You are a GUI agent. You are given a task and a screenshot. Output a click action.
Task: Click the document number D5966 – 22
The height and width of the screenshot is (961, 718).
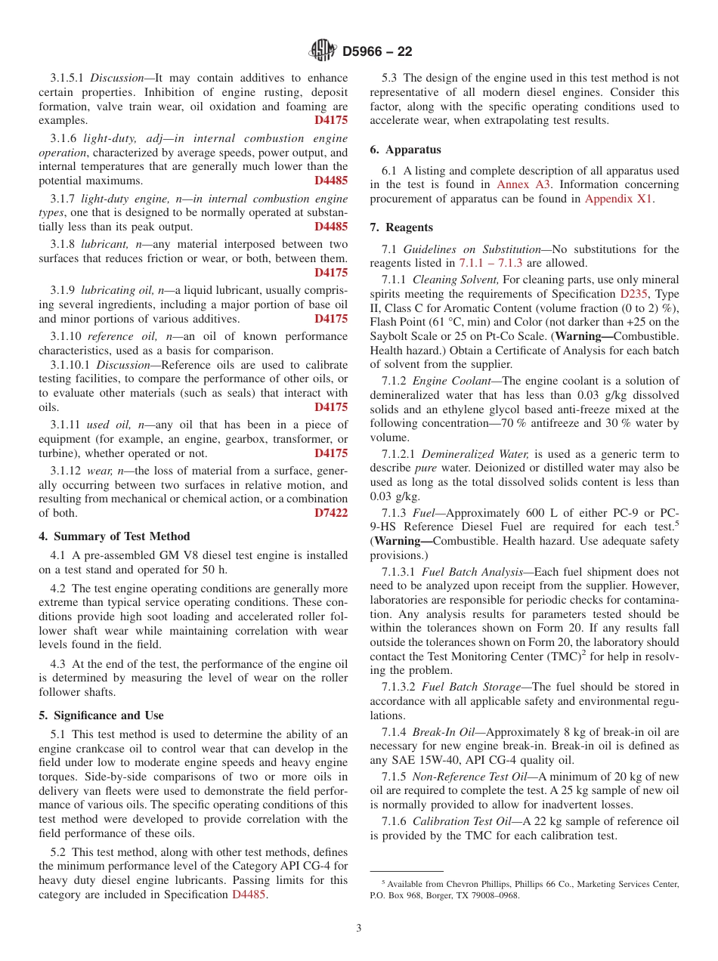click(x=377, y=51)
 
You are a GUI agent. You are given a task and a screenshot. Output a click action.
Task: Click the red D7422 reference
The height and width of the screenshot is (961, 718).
click(x=331, y=513)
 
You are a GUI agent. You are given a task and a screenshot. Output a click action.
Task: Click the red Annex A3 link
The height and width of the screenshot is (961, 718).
click(x=524, y=185)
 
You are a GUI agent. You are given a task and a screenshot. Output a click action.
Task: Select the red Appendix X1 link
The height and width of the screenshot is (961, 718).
click(x=619, y=199)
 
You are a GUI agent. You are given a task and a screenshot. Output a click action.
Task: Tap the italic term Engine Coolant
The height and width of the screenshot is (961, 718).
click(x=451, y=381)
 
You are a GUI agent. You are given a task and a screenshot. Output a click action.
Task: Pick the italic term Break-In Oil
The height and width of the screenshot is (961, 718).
click(x=441, y=732)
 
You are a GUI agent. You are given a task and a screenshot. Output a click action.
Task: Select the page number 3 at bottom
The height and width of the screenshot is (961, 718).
click(x=359, y=928)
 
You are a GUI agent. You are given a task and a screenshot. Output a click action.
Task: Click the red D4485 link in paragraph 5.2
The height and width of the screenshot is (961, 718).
click(x=249, y=895)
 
